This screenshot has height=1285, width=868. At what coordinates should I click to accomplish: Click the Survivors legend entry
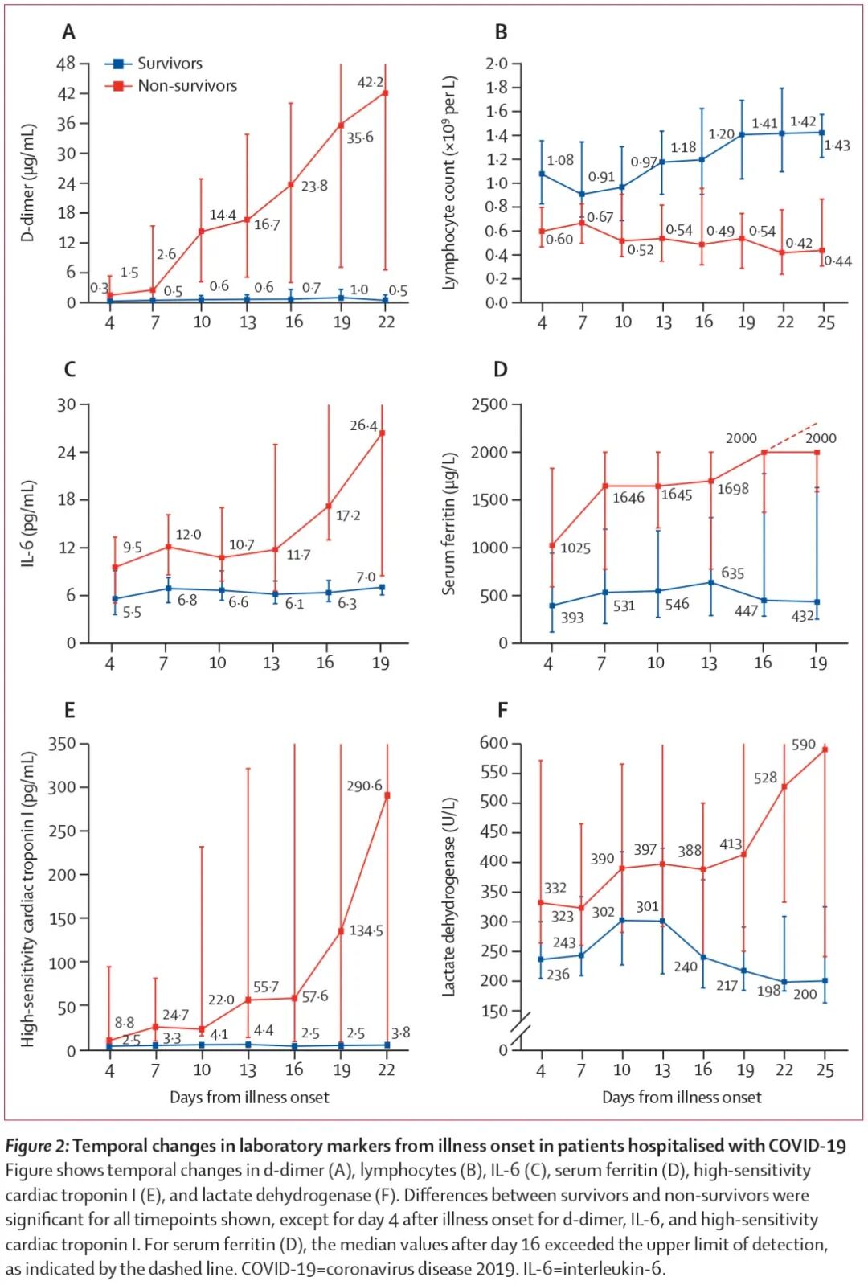169,64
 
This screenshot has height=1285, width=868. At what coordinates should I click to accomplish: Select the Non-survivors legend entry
186,86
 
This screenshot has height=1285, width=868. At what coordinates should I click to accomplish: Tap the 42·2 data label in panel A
370,82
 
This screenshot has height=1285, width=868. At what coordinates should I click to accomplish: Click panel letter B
501,32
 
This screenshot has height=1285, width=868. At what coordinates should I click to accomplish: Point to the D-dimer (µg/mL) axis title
28,183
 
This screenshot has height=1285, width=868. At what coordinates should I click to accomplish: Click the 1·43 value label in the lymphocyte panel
837,146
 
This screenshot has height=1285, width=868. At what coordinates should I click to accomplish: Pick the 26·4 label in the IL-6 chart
363,425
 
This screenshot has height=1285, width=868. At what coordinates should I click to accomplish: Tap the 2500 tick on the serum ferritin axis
489,404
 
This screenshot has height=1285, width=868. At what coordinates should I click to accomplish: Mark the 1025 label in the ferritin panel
575,548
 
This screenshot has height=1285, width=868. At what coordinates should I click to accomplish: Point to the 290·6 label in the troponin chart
364,786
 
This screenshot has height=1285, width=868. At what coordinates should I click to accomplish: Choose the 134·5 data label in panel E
366,930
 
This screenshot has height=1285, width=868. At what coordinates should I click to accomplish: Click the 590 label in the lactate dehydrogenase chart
804,745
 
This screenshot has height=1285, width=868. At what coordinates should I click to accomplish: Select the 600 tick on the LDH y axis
493,743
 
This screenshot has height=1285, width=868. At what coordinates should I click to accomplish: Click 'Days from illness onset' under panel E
249,1097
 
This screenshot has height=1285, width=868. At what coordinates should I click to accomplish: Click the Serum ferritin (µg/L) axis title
448,523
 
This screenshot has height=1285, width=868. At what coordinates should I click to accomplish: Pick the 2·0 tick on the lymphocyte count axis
497,64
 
